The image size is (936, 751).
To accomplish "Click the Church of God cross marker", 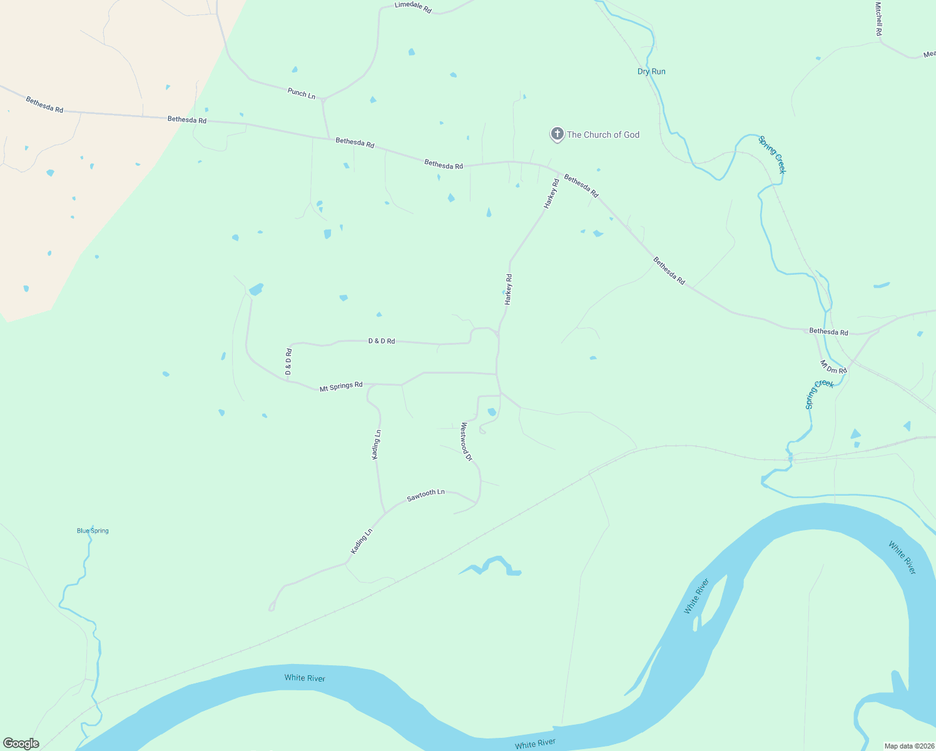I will pos(557,134).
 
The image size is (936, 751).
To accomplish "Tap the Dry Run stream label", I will pos(651,71).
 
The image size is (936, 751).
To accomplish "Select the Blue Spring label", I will pos(93,531).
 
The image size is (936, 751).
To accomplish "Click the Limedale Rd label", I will pos(413,8).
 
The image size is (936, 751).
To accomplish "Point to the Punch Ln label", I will pos(302,93).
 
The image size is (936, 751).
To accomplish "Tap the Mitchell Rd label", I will pos(878,19).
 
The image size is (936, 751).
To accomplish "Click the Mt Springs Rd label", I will pos(341,387).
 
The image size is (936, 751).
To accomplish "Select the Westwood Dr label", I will pos(466,442).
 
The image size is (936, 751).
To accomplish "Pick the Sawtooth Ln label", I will pos(425,495).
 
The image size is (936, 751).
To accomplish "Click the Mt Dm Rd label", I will pos(833,367).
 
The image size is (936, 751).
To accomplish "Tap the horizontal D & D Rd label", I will pos(382,341).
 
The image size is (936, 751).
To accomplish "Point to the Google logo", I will pos(21,743).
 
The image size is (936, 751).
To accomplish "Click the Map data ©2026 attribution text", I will pos(909,746).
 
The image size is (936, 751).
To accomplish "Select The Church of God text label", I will pos(603,135).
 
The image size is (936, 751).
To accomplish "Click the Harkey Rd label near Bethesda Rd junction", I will pos(551,194).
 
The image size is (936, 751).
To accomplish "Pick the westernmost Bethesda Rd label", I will pos(44,105).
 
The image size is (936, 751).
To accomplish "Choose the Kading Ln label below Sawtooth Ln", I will pos(362,541).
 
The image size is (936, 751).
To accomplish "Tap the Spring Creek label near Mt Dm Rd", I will pos(820,394).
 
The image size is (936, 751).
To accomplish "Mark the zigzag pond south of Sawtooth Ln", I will pos(492,565).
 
